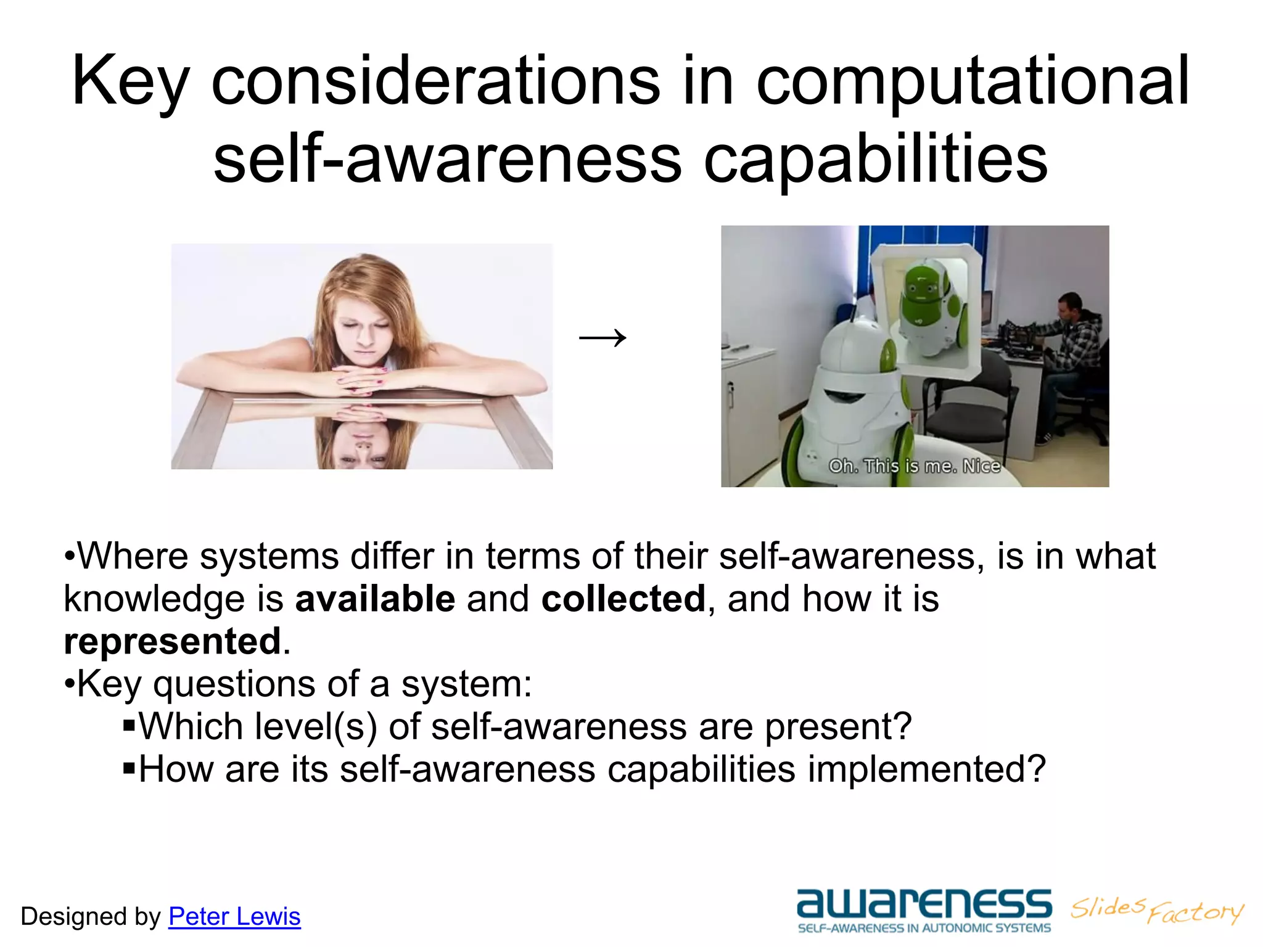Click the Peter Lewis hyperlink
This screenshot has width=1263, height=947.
(234, 917)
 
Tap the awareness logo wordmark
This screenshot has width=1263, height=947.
(923, 904)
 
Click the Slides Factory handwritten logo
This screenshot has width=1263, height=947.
(1156, 910)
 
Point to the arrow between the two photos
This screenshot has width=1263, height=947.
(603, 337)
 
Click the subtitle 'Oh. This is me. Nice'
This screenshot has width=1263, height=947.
(914, 466)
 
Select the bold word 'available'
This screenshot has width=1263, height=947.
(375, 599)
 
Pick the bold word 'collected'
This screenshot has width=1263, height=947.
(623, 599)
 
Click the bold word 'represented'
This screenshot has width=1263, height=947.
(173, 641)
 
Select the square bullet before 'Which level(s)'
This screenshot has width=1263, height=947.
(129, 724)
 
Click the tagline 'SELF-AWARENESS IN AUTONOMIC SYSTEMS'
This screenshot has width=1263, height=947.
(923, 929)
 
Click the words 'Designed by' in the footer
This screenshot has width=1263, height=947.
(90, 917)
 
